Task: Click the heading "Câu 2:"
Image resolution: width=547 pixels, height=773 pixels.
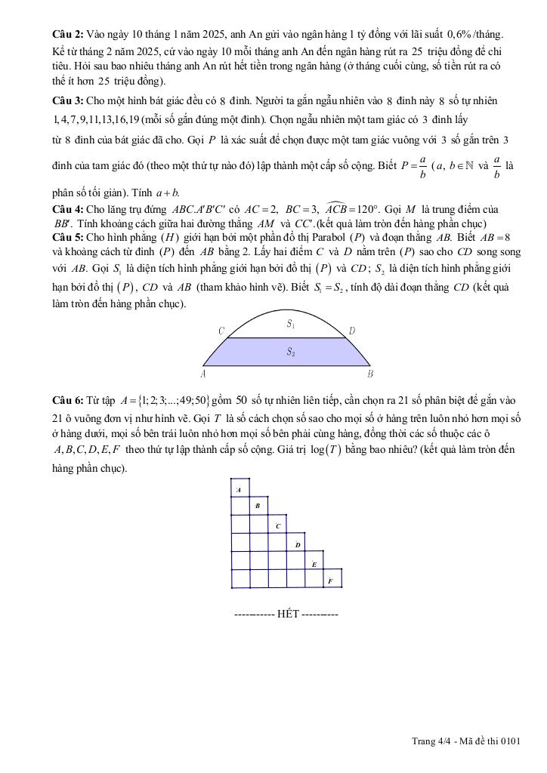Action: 68,35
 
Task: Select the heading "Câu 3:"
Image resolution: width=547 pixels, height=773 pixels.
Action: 68,100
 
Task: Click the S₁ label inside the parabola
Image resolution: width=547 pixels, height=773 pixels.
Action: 290,324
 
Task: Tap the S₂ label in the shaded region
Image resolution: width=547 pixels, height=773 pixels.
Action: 290,351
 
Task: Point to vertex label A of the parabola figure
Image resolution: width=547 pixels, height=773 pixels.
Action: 203,373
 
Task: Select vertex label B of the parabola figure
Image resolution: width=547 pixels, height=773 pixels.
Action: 370,373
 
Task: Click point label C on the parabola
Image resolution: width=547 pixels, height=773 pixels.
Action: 221,331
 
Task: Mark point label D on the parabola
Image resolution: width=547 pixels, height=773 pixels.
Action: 352,331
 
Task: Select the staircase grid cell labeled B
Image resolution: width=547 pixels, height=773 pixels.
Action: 259,506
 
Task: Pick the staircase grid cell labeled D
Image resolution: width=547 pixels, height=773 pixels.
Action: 297,544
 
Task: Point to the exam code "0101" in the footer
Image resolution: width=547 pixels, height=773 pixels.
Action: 511,741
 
